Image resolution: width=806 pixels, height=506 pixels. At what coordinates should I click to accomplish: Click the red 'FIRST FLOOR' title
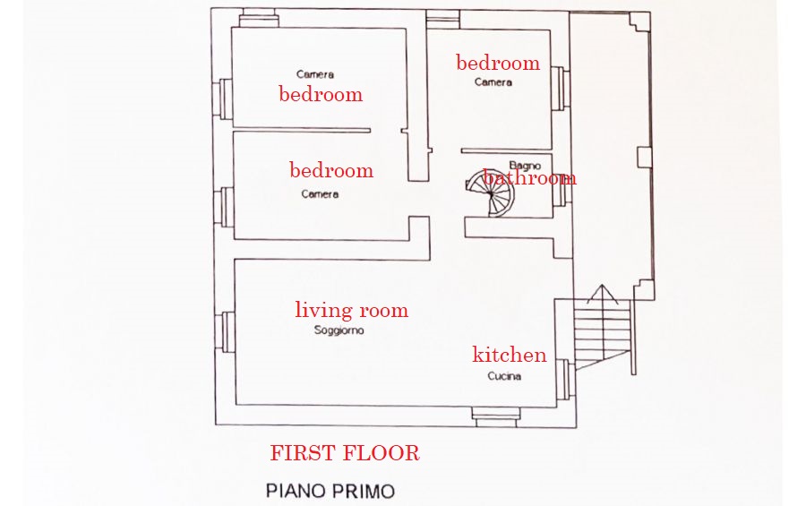pos(345,453)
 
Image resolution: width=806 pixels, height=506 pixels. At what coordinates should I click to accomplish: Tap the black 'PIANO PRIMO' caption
pos(330,491)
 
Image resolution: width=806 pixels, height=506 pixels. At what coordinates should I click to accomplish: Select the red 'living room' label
pos(352,310)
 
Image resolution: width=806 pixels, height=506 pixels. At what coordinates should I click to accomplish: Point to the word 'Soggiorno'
pos(339,330)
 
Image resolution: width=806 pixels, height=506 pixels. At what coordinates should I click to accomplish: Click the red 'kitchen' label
pos(510,355)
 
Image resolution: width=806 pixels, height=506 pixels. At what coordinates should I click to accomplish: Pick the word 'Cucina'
pos(504,376)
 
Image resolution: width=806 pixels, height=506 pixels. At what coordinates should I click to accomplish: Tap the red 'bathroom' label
pos(530,178)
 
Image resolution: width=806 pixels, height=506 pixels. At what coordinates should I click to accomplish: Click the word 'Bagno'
pos(525,166)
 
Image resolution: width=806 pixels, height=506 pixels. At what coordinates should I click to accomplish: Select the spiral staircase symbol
pos(490,193)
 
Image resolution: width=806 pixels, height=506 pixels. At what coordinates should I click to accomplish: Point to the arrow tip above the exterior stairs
pos(603,285)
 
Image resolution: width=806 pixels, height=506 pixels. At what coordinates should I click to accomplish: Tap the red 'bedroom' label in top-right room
pos(498,64)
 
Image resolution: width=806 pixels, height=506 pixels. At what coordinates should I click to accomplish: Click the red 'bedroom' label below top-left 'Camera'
pos(321,94)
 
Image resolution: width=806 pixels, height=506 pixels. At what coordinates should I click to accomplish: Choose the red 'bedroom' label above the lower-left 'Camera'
pos(331,170)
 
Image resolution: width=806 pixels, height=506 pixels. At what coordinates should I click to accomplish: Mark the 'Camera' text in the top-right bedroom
pos(493,82)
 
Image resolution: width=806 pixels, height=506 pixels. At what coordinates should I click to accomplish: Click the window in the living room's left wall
pos(227,332)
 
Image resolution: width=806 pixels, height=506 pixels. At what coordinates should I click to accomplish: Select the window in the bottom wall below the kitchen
pos(496,416)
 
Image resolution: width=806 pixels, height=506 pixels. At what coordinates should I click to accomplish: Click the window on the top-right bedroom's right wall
pos(561,88)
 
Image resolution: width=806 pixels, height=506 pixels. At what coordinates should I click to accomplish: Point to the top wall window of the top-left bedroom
pos(260,19)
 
